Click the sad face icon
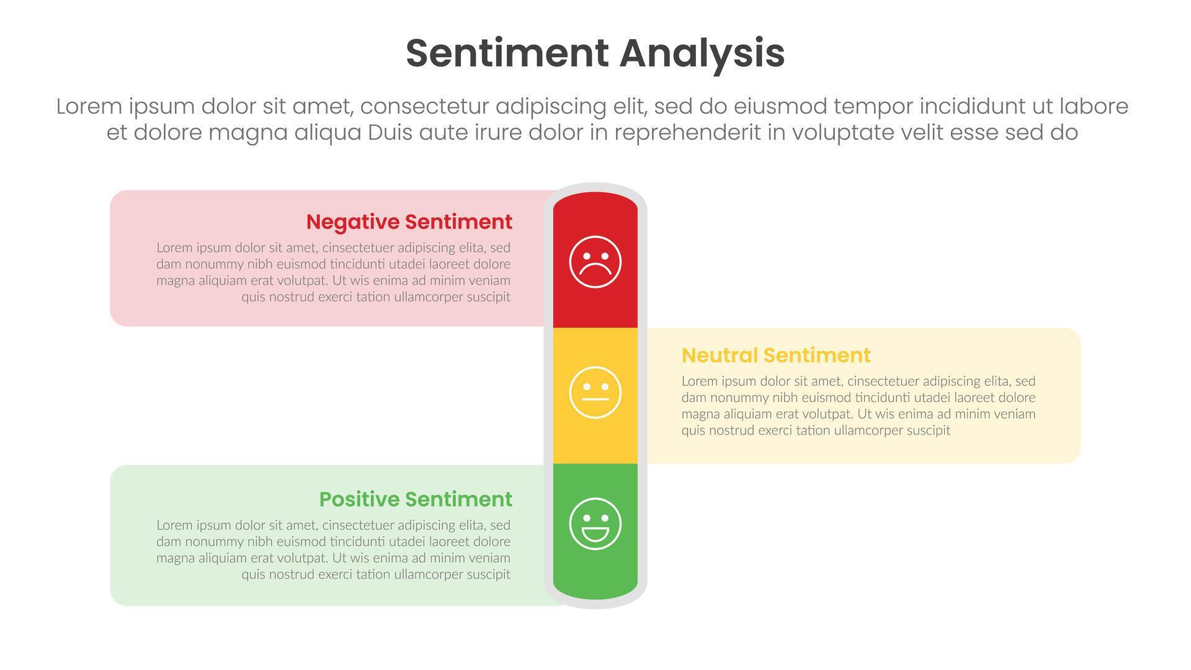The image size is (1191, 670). (x=595, y=262)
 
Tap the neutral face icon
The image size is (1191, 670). (x=595, y=392)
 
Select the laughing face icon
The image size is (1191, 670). (x=595, y=524)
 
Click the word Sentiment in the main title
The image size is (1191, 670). (x=507, y=53)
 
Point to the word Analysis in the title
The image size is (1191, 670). (x=702, y=55)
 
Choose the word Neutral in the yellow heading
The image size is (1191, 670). (x=719, y=355)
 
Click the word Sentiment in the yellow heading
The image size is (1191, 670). (x=817, y=355)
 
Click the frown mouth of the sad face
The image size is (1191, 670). (x=595, y=270)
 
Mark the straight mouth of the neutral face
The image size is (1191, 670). (x=595, y=400)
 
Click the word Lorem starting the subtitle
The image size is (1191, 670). (x=89, y=107)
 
